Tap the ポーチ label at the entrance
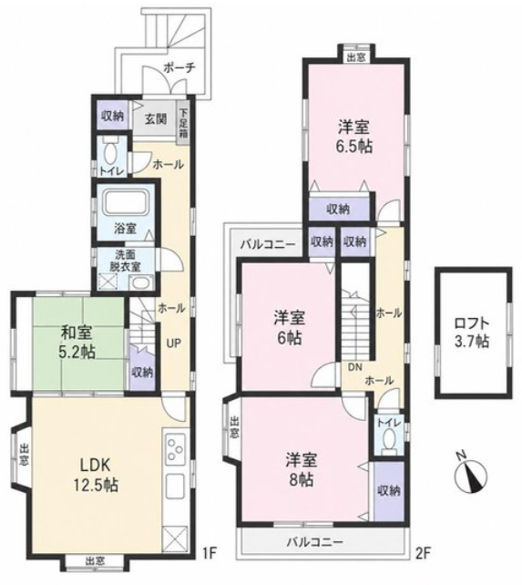pos(179,68)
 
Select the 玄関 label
pos(156,119)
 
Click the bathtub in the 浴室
pos(125,203)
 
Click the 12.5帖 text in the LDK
pos(96,486)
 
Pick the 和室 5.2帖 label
pos(78,342)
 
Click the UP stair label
pos(173,343)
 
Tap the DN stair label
pos(355,367)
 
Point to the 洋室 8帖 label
pos(302,469)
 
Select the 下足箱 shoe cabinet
pos(183,123)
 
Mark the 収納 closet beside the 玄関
pos(113,116)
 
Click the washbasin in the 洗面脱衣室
pos(142,282)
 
